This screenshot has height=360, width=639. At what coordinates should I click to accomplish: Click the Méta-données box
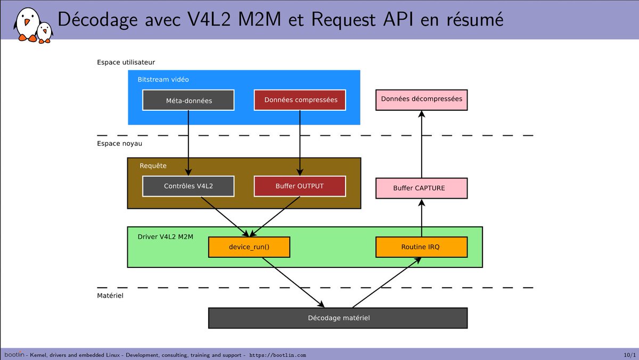pyautogui.click(x=189, y=100)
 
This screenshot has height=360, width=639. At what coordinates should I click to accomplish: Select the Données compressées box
pyautogui.click(x=300, y=100)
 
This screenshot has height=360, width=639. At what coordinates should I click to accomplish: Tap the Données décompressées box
pyautogui.click(x=421, y=100)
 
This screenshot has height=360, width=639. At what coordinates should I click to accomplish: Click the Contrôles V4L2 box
pyautogui.click(x=189, y=186)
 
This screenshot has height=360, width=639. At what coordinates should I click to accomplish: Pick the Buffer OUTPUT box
pyautogui.click(x=300, y=186)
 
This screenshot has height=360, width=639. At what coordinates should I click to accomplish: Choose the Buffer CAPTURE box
pyautogui.click(x=421, y=189)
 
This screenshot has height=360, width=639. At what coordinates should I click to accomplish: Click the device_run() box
pyautogui.click(x=249, y=247)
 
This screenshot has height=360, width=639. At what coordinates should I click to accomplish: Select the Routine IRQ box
pyautogui.click(x=421, y=247)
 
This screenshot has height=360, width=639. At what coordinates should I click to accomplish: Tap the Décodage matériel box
pyautogui.click(x=338, y=318)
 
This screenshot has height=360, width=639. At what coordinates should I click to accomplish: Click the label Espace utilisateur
pyautogui.click(x=126, y=62)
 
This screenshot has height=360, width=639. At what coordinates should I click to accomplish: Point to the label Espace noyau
pyautogui.click(x=120, y=143)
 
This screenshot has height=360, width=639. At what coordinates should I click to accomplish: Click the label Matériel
pyautogui.click(x=110, y=295)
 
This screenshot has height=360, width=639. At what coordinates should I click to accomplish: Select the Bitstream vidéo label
pyautogui.click(x=163, y=80)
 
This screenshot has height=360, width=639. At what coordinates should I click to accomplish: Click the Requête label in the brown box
pyautogui.click(x=153, y=166)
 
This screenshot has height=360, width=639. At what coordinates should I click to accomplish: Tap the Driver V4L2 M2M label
pyautogui.click(x=166, y=236)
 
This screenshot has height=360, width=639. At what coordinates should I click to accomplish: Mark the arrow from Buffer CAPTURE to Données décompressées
pyautogui.click(x=421, y=144)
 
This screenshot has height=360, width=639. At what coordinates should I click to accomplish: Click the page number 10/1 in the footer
pyautogui.click(x=629, y=355)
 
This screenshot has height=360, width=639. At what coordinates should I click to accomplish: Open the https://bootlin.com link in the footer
pyautogui.click(x=277, y=355)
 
